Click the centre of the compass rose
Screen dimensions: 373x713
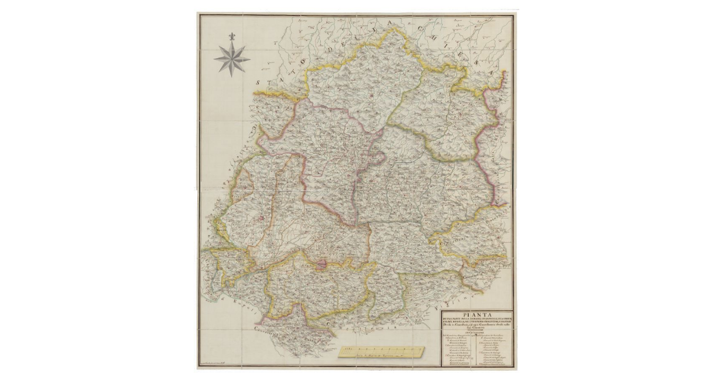232,58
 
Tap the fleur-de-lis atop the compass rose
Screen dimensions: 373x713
232,36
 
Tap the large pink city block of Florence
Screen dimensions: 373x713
322,264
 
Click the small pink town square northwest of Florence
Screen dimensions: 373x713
261,218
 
